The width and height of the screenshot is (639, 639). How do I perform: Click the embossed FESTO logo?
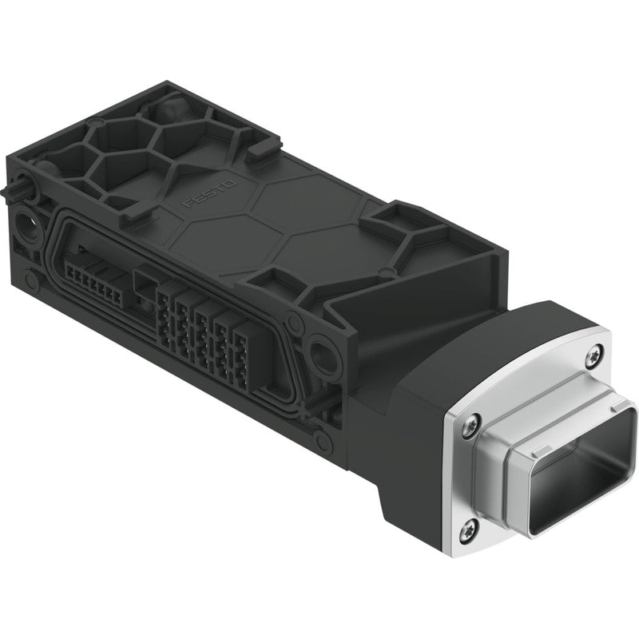211,194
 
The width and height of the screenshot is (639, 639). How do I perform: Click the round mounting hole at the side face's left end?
26,224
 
